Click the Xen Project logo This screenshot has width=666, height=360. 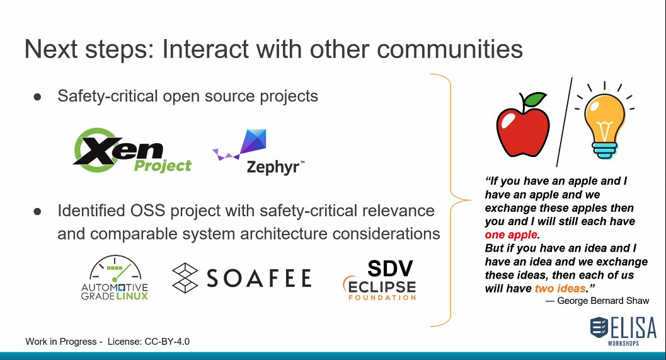point(133,151)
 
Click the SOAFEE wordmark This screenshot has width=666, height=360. point(242,277)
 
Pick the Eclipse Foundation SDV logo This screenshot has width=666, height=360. point(380,279)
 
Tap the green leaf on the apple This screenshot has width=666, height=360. point(536,99)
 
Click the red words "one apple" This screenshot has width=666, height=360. point(512,234)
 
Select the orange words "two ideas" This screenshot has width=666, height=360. point(560,289)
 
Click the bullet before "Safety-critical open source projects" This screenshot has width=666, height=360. point(37,97)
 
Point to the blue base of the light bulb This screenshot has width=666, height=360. point(604,151)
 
